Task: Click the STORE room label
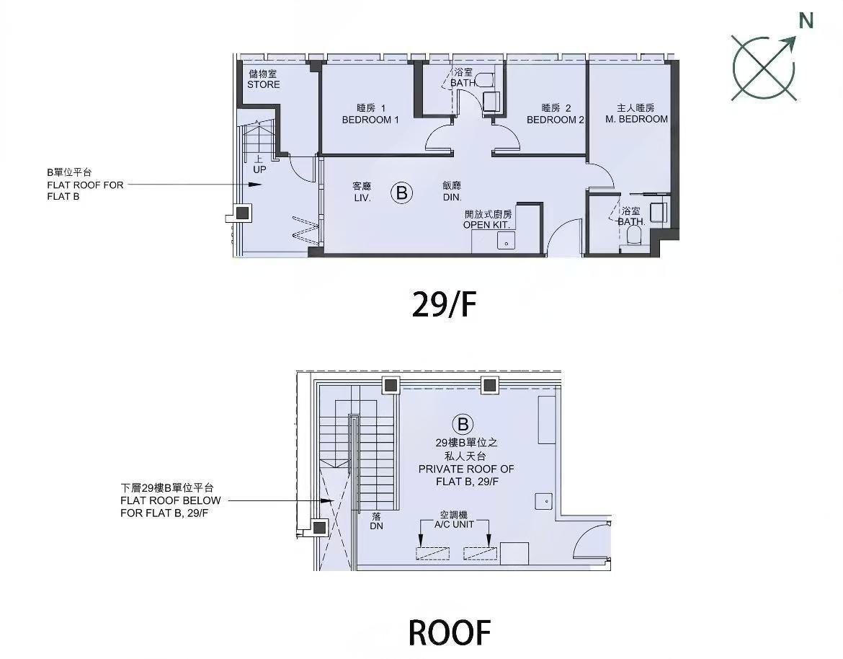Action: tap(264, 84)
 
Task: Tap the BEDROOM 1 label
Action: tap(370, 120)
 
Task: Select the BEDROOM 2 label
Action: tap(556, 120)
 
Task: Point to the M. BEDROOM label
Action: tap(636, 119)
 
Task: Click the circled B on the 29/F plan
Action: tap(401, 193)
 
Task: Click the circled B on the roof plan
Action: tap(463, 425)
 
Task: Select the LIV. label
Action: tap(362, 198)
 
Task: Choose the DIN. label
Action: tap(452, 198)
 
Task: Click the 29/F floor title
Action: tap(444, 304)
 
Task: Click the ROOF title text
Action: tap(450, 632)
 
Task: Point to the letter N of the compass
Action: tap(806, 20)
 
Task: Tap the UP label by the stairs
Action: tap(259, 169)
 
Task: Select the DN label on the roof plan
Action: tap(376, 526)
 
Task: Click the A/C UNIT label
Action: tap(455, 524)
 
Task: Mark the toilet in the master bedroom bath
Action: tap(634, 236)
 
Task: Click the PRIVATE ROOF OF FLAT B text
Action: tap(466, 475)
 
